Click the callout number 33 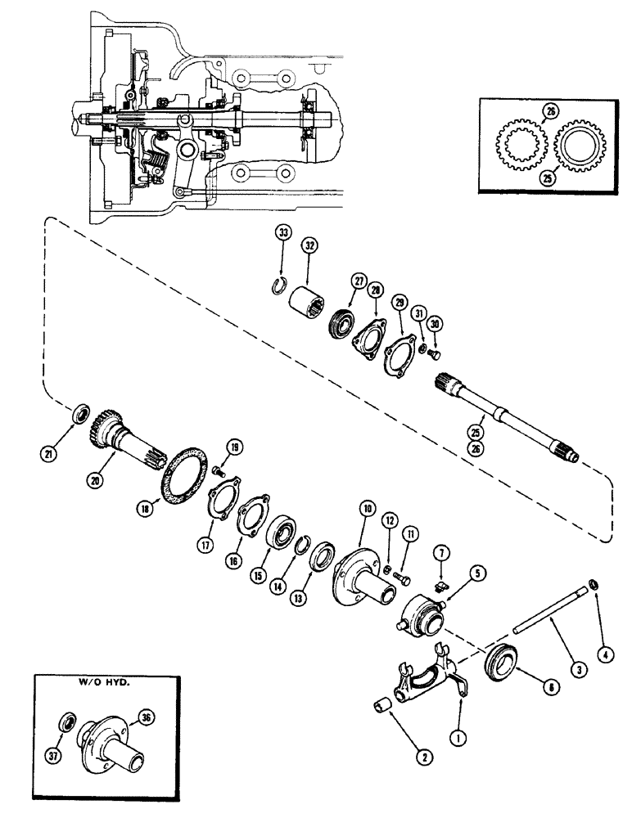tap(282, 234)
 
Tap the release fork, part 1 tap(426, 670)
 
